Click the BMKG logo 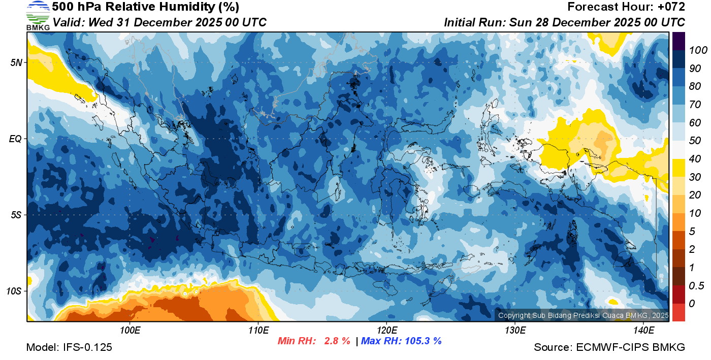[x=38, y=15]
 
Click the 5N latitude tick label [x=16, y=63]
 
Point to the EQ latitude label [x=15, y=139]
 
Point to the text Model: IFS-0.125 [x=69, y=347]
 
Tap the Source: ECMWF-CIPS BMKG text [x=609, y=347]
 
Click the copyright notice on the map [x=583, y=315]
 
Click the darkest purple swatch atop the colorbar [x=678, y=41]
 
